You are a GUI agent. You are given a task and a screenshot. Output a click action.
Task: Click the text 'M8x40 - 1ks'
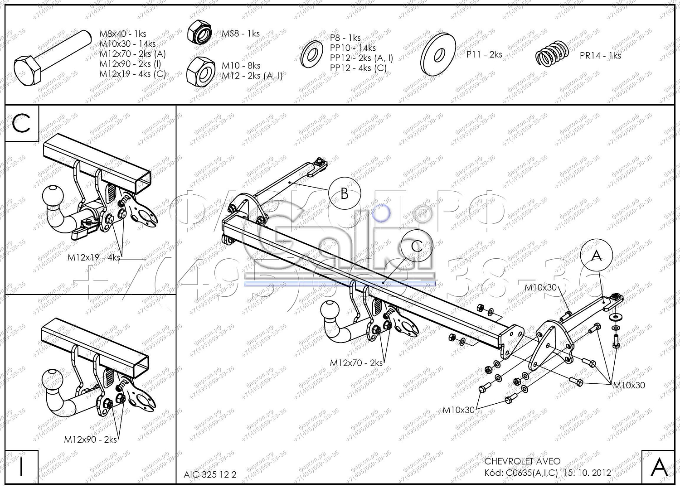click(x=123, y=34)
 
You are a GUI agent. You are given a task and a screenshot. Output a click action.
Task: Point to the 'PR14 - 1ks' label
click(x=600, y=56)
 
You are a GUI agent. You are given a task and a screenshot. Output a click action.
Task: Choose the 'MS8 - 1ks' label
click(x=240, y=34)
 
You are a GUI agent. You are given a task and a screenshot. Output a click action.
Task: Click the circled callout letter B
click(x=345, y=193)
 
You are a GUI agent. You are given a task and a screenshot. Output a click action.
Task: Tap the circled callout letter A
click(x=597, y=256)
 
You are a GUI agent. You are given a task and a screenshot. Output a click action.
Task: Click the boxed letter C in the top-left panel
click(x=22, y=123)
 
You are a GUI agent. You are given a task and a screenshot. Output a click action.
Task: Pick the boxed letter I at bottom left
click(x=21, y=467)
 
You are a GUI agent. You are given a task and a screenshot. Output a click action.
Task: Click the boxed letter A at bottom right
click(x=659, y=467)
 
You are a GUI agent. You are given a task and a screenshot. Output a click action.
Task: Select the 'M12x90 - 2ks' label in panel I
click(x=90, y=439)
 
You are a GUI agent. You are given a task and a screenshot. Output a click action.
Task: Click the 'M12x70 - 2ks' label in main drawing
click(x=356, y=363)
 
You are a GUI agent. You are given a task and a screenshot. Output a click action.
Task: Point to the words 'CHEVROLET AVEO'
click(x=522, y=461)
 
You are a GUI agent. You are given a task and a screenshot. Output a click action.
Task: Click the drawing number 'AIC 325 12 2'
click(x=210, y=474)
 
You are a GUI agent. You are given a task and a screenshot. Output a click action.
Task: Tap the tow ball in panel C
click(x=52, y=196)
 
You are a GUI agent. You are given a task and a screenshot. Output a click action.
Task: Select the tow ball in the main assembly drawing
click(x=330, y=311)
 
